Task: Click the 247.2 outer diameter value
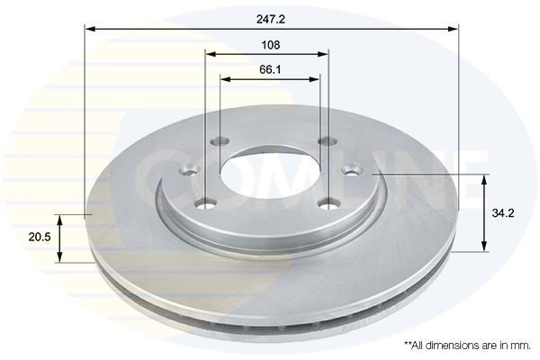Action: [x=270, y=18]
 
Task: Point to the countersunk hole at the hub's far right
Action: [x=353, y=169]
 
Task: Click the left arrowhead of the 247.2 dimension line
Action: [x=91, y=30]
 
